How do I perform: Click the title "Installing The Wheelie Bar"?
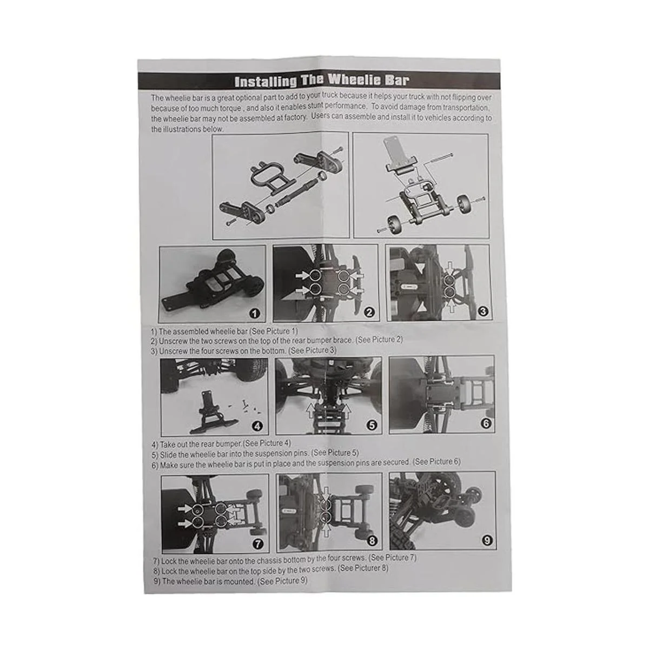pos(322,81)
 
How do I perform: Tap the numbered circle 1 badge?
pos(255,314)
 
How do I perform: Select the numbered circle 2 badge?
pos(369,313)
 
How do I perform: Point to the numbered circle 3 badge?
pos(482,312)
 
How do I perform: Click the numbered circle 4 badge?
pos(257,426)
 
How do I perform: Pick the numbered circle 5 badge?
pos(372,426)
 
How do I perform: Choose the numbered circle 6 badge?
pos(486,423)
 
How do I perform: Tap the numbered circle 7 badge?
pos(257,544)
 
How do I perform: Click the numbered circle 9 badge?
pos(487,541)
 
